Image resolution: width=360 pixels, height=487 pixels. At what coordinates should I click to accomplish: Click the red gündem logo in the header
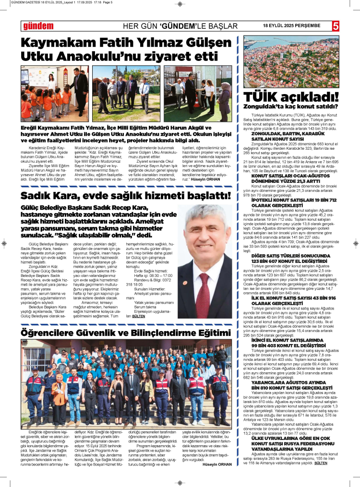coord(38,26)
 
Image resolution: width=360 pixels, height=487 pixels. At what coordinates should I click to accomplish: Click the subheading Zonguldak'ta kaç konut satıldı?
coord(291,106)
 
